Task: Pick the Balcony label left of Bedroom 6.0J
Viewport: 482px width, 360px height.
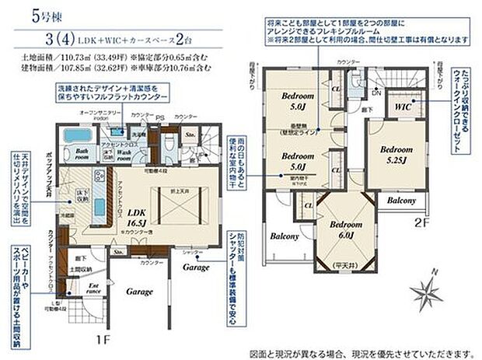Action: pyautogui.click(x=285, y=236)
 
